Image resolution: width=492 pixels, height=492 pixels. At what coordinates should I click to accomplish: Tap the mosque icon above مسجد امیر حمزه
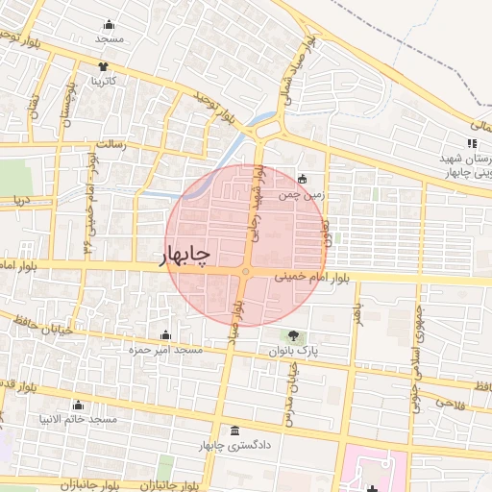pos(166,335)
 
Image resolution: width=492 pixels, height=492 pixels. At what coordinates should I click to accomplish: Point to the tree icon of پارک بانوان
pos(292,336)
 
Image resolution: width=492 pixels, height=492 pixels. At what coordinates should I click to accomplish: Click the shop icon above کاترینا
pos(103,66)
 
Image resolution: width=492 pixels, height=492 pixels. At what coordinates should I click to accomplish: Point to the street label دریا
pos(21,201)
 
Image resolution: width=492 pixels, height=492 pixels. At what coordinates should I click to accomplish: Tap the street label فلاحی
pos(452,403)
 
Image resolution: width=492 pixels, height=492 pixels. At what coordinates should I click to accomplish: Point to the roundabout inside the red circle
pos(246,274)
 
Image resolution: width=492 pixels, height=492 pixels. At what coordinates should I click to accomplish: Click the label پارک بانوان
pos(299,352)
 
